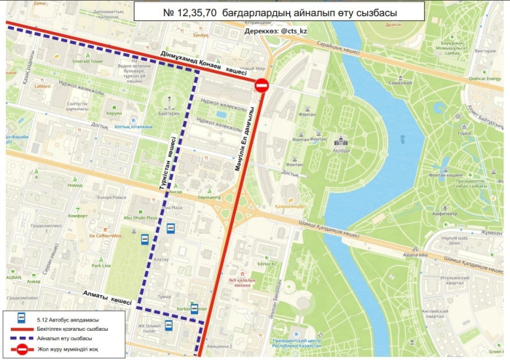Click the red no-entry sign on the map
click(262, 86)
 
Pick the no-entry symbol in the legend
click(22, 351)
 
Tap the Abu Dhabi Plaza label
click(141, 217)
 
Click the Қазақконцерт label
click(291, 206)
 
